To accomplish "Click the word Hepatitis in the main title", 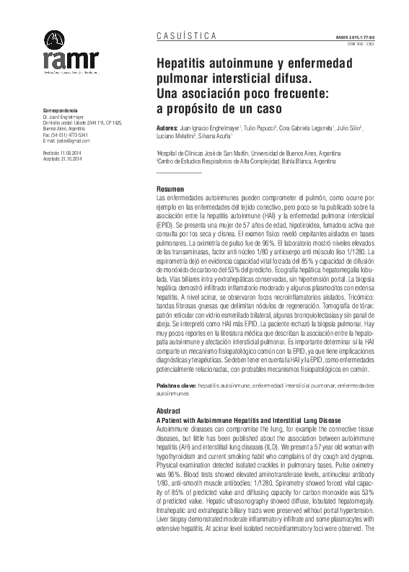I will tap(190, 63).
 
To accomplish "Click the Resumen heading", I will tap(170, 187).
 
